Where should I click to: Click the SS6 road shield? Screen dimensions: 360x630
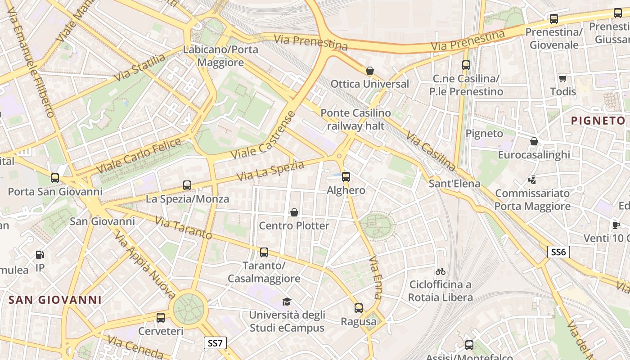558,252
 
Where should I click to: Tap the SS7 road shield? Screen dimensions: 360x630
215,343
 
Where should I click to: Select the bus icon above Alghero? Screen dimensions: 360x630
346,177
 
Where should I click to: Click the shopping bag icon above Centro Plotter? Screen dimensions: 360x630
294,212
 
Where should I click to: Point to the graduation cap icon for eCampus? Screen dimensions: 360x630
287,301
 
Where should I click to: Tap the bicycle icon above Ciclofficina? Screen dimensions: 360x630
441,271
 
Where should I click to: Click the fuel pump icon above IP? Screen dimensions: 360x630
40,255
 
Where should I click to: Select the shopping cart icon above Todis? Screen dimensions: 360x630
562,78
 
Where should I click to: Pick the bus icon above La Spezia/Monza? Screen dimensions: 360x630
187,185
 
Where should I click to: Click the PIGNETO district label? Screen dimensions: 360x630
598,121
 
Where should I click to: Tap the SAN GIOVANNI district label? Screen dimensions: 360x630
55,300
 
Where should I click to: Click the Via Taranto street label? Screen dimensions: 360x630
183,228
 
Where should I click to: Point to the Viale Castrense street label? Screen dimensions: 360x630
264,135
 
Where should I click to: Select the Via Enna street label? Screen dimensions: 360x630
375,278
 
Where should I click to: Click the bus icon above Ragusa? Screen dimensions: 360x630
358,308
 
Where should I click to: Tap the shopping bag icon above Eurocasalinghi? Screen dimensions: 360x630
534,141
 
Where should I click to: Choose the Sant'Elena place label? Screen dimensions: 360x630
454,184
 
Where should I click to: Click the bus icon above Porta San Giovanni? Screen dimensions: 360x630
55,178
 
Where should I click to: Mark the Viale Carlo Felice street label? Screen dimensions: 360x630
139,156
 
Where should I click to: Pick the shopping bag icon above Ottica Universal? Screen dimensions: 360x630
370,71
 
